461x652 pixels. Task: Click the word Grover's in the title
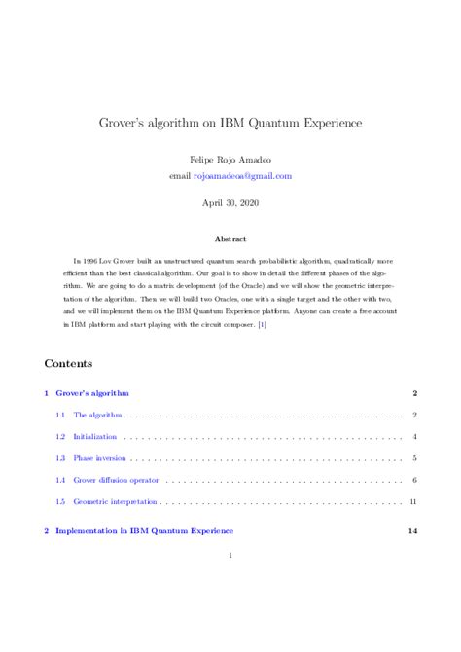click(122, 125)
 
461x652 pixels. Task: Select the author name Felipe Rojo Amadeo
click(230, 159)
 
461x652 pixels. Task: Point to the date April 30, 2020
click(230, 205)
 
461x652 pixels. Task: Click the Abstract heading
click(230, 239)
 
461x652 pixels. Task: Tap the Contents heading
click(68, 363)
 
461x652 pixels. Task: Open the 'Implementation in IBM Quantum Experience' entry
click(144, 531)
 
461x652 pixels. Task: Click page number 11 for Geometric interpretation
click(413, 501)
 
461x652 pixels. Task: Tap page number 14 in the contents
click(412, 531)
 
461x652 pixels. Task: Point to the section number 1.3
click(60, 458)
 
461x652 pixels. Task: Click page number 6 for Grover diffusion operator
click(414, 480)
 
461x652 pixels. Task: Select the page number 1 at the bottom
click(230, 556)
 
